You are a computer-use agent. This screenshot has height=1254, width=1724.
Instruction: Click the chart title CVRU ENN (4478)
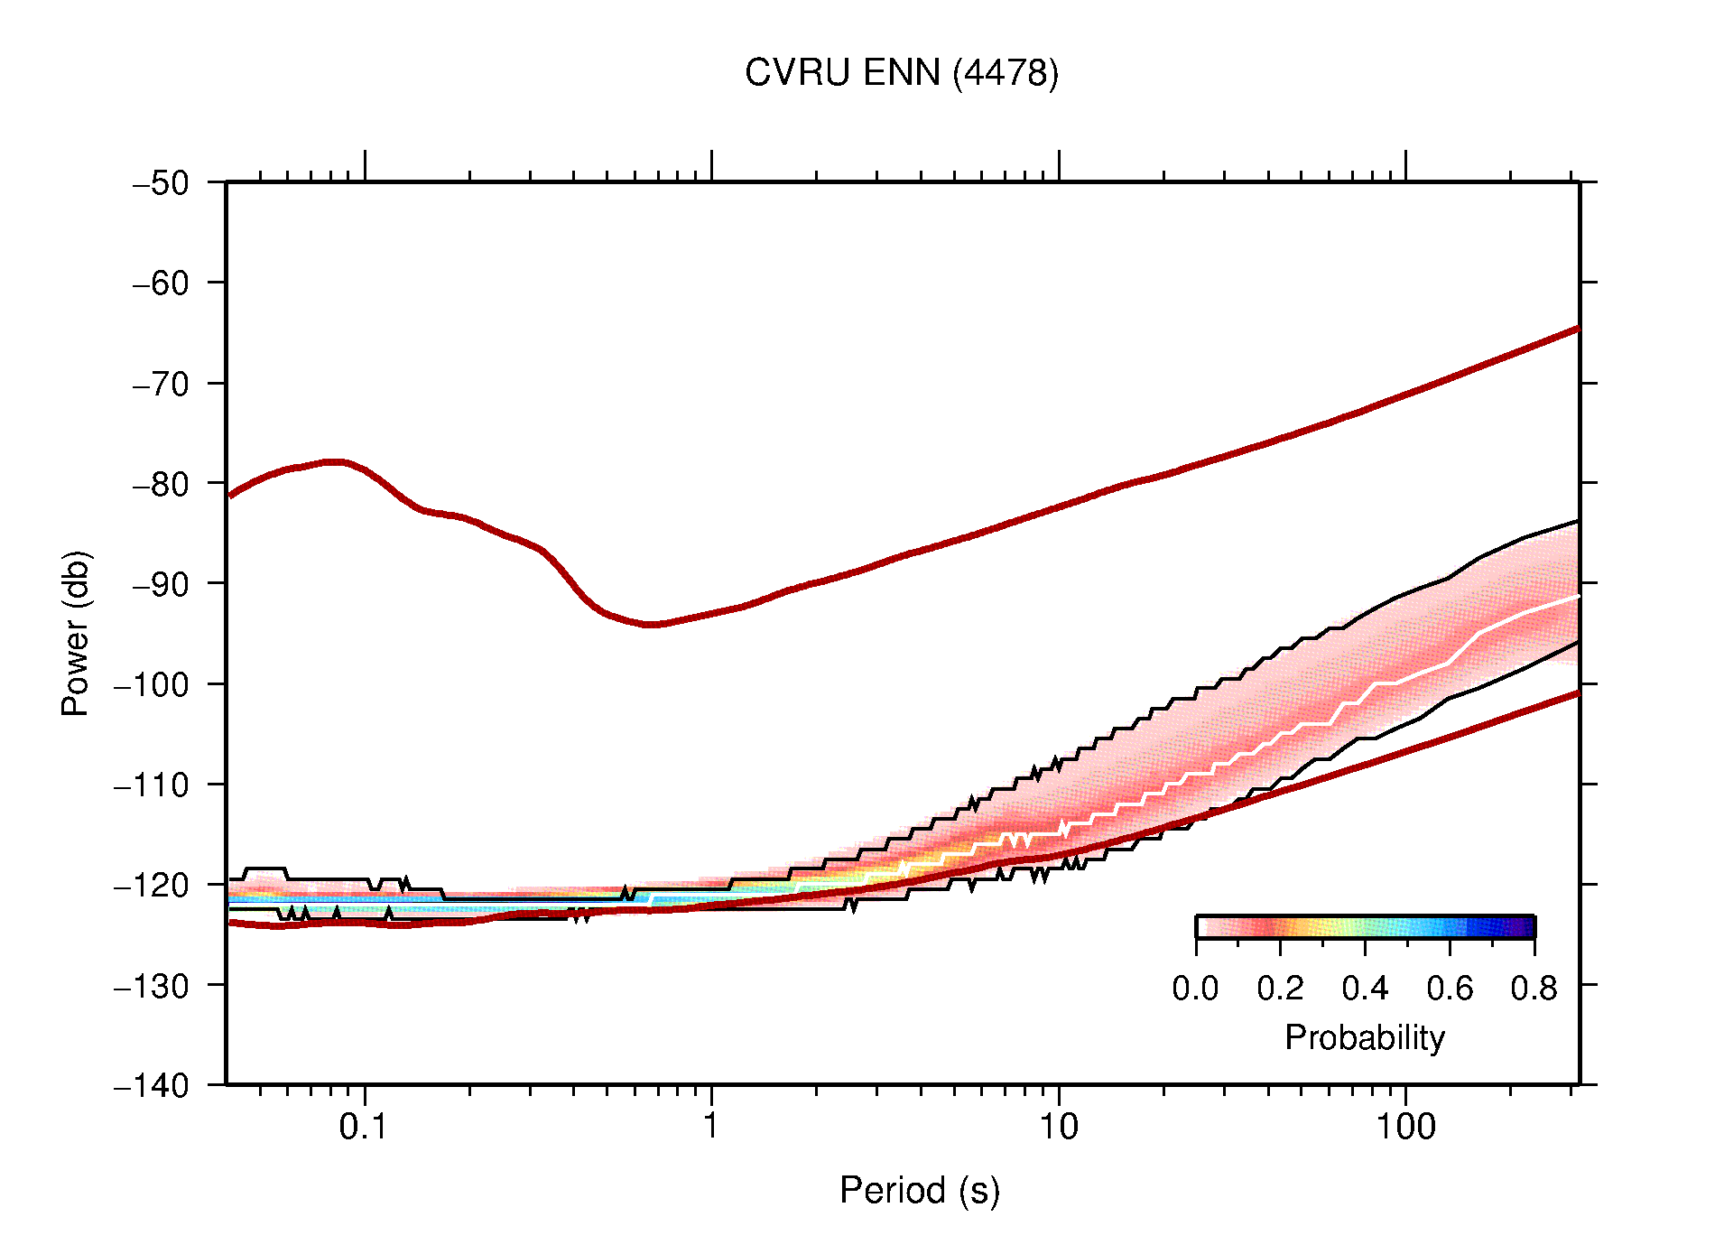901,73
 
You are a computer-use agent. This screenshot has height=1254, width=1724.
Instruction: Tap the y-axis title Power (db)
76,633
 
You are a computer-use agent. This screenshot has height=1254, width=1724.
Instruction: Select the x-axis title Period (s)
919,1190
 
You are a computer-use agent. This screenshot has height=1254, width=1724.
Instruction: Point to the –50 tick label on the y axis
161,183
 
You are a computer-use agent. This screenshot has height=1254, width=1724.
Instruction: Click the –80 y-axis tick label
161,484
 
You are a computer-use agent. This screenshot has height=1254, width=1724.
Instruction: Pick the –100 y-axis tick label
152,684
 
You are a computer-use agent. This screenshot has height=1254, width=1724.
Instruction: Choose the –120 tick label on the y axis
152,885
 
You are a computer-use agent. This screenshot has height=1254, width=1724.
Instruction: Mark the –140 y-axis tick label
152,1085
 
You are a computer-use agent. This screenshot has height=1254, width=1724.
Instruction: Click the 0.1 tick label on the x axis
363,1127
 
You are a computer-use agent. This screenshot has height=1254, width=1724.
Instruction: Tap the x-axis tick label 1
711,1127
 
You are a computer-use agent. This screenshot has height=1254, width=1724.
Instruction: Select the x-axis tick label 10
1058,1127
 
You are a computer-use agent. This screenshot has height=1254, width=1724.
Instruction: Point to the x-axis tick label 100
1404,1127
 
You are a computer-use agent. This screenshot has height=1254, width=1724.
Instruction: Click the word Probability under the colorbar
1364,1037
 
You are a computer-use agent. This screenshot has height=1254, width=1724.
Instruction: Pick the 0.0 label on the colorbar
1195,989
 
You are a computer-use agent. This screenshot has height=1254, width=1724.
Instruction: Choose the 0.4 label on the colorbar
1365,989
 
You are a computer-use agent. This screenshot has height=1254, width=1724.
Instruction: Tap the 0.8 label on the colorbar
1534,989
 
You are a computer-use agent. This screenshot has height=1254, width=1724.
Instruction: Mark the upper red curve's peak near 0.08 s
335,461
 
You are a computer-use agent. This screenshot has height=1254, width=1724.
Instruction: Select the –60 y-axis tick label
161,283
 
